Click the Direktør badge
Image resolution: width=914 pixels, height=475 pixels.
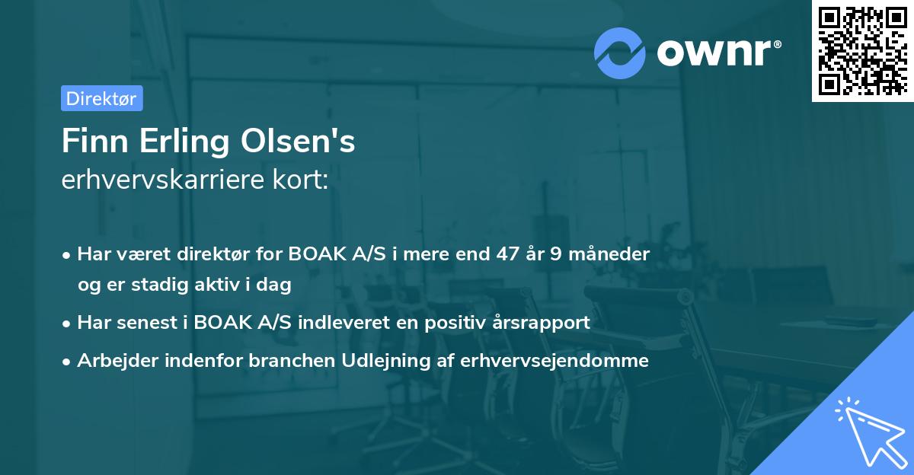click(x=101, y=98)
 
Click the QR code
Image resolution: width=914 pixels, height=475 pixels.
click(x=862, y=51)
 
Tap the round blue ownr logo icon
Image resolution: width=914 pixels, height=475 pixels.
click(x=620, y=53)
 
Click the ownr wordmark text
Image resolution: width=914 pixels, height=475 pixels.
click(x=719, y=52)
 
